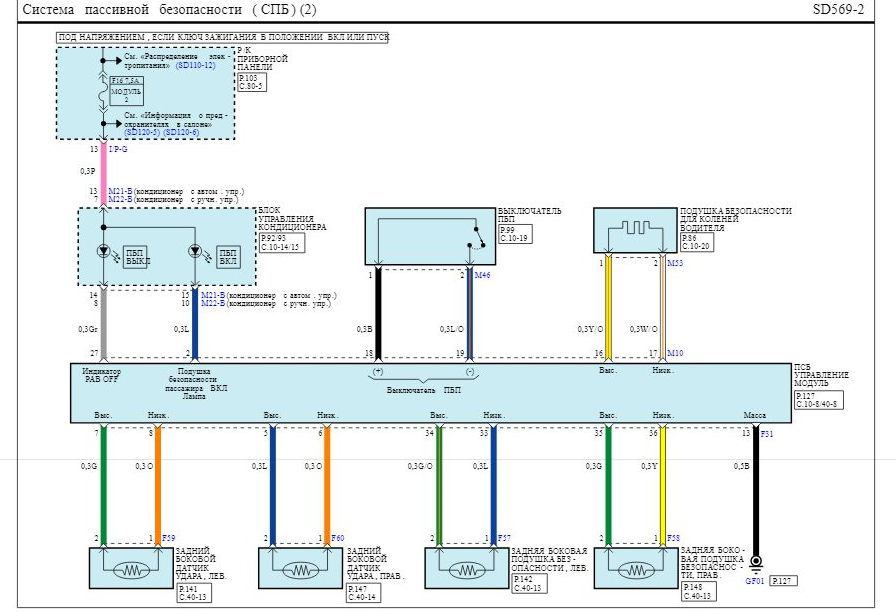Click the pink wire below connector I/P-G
103,170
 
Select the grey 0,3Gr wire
103,325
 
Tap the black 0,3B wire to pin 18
377,315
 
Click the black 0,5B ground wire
756,490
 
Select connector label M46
483,275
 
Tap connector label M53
676,263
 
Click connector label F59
169,539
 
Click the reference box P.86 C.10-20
696,242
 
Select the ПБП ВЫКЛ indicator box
134,257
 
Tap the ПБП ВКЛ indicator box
227,257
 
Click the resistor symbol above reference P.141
131,570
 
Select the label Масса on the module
755,414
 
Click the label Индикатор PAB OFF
102,375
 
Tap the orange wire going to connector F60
326,485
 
